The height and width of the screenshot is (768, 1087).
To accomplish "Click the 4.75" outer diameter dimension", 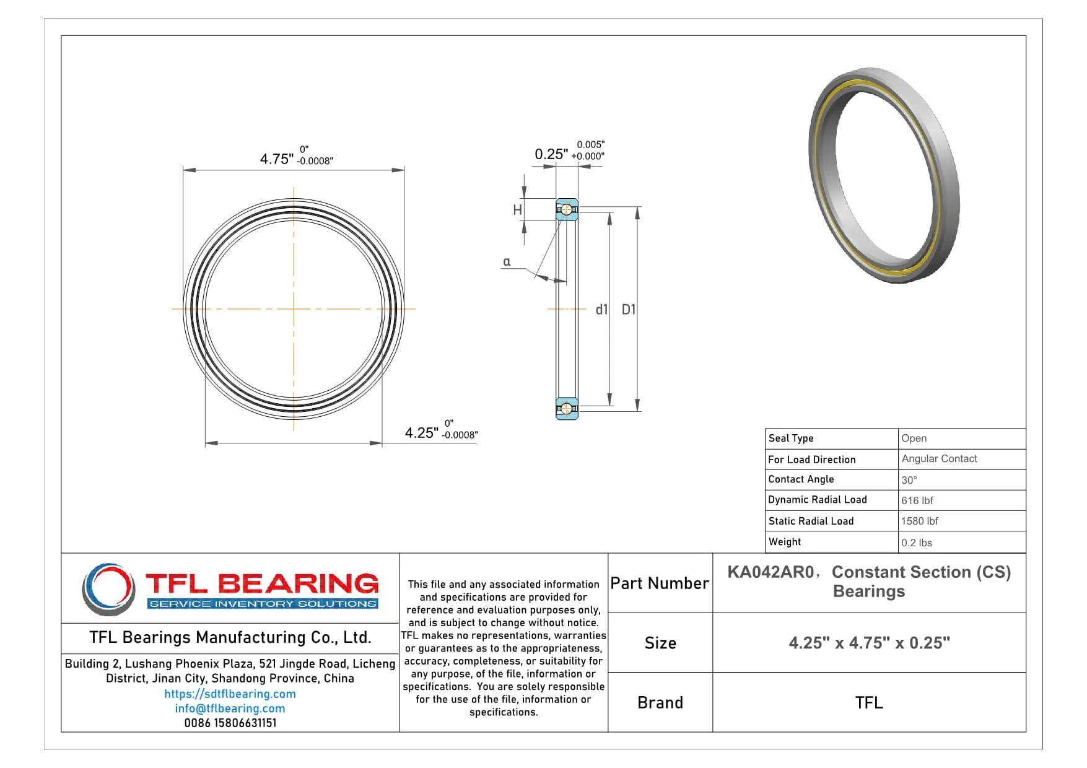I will click(276, 159).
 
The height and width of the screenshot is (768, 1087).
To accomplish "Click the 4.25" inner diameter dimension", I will click(421, 433).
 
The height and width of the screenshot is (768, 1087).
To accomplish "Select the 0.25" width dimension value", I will click(551, 154).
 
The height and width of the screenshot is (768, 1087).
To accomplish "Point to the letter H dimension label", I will click(517, 211).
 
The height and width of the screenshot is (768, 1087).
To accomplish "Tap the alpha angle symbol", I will click(507, 262).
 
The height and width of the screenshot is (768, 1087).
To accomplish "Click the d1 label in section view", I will click(601, 310).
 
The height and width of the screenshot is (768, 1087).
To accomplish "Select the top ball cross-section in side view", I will click(566, 209).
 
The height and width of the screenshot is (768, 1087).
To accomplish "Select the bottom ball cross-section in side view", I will click(566, 408).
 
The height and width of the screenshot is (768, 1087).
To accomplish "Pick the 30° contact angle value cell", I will click(909, 480).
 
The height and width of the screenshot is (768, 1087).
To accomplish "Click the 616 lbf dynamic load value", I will click(917, 500).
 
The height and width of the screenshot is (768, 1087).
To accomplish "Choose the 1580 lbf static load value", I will click(919, 521).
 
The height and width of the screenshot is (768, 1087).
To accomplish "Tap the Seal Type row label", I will click(791, 439).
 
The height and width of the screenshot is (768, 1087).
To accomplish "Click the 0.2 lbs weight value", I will click(916, 543).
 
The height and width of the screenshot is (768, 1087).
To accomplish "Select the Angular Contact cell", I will click(939, 459).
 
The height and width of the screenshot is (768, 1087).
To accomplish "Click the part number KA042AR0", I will click(770, 572).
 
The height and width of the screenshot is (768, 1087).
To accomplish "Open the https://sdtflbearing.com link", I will click(230, 694).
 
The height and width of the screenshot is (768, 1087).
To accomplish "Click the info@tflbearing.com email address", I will click(230, 709).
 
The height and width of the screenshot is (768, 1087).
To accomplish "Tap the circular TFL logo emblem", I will click(109, 589).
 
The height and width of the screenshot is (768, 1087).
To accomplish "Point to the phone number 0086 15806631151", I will click(230, 723).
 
